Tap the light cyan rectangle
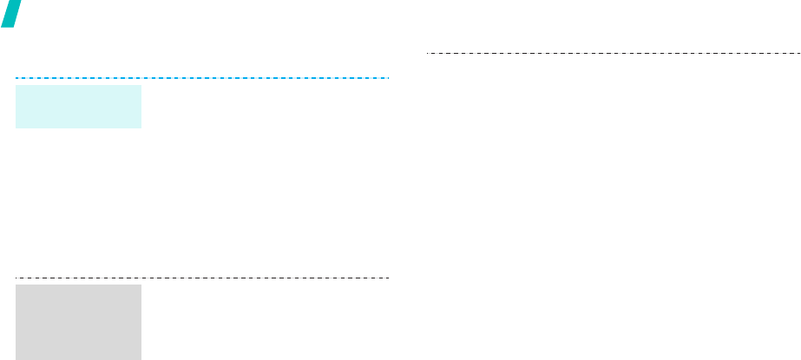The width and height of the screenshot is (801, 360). [x=78, y=106]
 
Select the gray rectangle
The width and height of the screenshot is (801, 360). [x=78, y=321]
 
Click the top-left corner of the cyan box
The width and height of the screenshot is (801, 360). [x=16, y=85]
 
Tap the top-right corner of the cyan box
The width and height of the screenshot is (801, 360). [x=140, y=85]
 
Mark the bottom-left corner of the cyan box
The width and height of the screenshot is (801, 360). [x=16, y=128]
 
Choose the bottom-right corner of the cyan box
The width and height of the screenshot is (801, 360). [x=140, y=128]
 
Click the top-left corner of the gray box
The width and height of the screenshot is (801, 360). [x=16, y=285]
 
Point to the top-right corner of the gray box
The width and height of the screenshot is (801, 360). [x=140, y=285]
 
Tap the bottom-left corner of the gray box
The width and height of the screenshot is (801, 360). [x=16, y=358]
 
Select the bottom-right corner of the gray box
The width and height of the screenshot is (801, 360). [x=140, y=358]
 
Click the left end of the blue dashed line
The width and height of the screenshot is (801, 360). [x=16, y=78]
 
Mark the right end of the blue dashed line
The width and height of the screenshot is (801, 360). [x=388, y=78]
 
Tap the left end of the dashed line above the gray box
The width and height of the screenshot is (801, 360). [x=16, y=278]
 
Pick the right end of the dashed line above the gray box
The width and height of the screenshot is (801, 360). [x=388, y=278]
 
